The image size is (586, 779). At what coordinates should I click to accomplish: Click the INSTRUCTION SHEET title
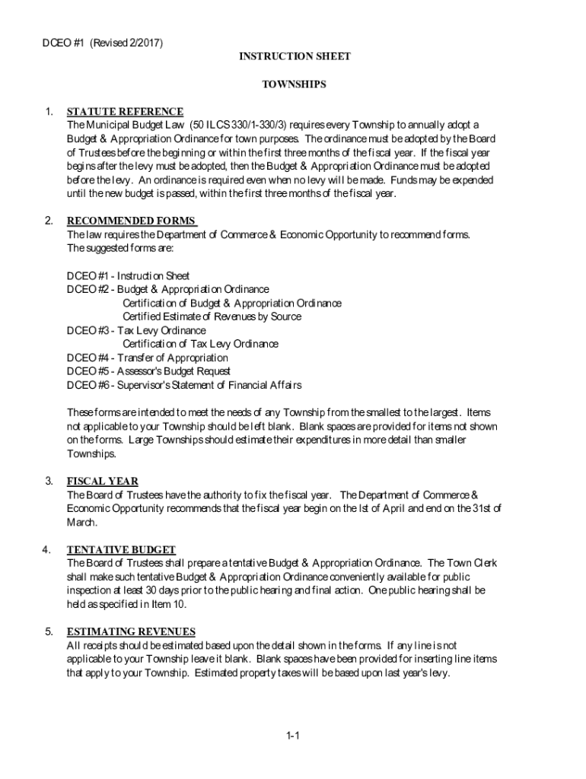(295, 56)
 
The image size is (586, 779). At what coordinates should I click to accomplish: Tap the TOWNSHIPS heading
(295, 84)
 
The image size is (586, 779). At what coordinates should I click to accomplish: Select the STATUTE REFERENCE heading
(125, 112)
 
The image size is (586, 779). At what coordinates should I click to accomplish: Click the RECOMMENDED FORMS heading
(132, 221)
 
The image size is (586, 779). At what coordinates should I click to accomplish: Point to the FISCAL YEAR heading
(103, 482)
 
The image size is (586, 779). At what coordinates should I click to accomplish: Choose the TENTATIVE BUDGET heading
(121, 549)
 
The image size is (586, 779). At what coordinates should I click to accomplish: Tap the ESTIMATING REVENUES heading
(131, 631)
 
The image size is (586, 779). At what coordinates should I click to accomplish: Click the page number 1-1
(295, 736)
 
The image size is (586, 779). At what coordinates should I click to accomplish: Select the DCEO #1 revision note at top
(102, 43)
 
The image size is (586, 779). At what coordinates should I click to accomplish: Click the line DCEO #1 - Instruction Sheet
(128, 275)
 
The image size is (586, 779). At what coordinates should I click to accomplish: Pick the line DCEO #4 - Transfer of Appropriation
(147, 358)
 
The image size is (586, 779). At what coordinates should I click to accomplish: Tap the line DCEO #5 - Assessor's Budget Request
(148, 371)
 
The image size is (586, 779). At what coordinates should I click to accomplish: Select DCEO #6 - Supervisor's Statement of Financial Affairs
(184, 385)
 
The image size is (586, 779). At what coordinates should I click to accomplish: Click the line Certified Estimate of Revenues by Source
(212, 316)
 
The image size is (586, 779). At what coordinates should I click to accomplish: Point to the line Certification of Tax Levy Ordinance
(200, 344)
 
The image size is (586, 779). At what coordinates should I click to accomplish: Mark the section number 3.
(49, 482)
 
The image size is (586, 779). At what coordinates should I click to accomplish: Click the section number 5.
(49, 631)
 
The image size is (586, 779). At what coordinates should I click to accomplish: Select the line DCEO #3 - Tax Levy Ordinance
(136, 330)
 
